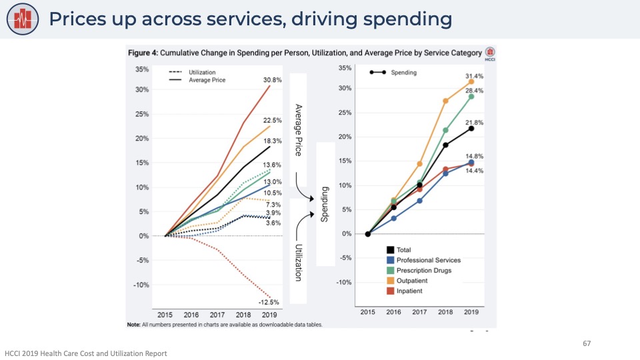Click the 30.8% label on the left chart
point(273,80)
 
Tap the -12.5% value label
point(269,302)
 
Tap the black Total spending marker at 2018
point(445,145)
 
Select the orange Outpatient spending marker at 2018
point(445,101)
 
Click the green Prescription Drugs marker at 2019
point(471,97)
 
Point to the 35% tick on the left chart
point(141,69)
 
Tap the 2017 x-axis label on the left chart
point(217,314)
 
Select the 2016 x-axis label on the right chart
point(393,312)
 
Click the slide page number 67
point(587,343)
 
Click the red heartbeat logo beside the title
point(24,19)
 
